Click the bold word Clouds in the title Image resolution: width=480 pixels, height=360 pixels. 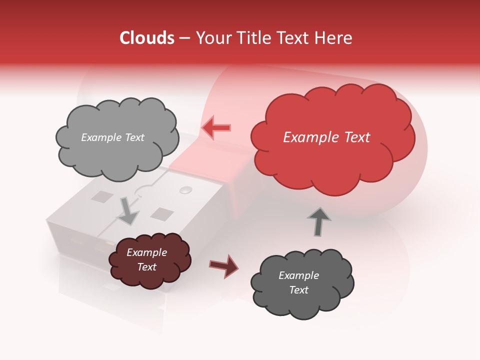146,38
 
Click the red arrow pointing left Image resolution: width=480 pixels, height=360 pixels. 216,127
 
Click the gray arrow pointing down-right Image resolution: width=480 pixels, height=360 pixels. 128,211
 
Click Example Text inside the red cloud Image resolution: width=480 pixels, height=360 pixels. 326,137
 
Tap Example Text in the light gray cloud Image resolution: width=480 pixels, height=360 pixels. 112,137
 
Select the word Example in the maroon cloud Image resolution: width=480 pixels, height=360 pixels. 146,252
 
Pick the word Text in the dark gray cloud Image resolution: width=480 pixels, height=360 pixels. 298,290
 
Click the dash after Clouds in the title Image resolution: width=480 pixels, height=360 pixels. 183,38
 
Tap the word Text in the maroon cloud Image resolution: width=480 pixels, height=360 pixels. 146,267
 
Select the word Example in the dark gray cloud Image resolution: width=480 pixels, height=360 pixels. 298,275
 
